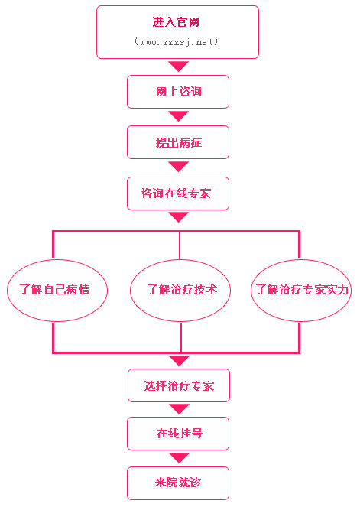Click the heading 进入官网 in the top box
pos(176,22)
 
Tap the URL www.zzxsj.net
pos(176,42)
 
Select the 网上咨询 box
pos(178,92)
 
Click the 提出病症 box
pos(178,142)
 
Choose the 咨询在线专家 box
pos(178,193)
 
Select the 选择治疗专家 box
pos(179,385)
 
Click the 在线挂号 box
pos(178,434)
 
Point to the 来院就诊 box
pos(178,483)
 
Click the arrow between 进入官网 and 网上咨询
pos(178,66)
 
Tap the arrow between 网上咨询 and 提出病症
pos(178,116)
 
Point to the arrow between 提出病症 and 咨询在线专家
pos(178,167)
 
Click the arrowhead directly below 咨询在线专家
pos(178,217)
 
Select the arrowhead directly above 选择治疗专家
pos(179,361)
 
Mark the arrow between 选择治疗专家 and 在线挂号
pos(179,409)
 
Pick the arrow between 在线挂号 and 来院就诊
pos(179,458)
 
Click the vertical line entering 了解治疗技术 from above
pos(180,245)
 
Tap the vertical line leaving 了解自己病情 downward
pos(54,336)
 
